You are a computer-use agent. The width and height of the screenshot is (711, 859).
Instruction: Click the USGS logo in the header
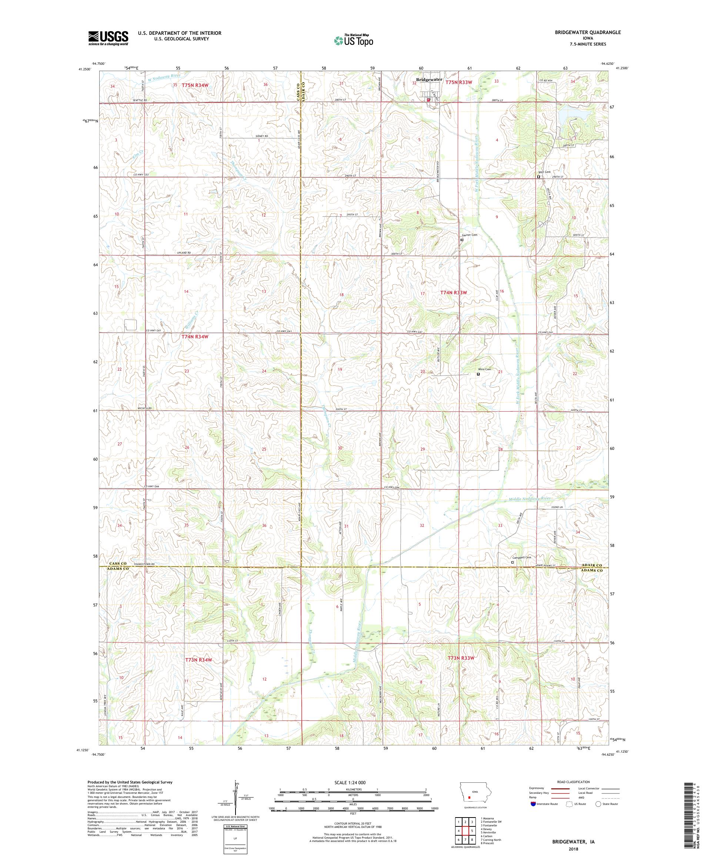pyautogui.click(x=109, y=38)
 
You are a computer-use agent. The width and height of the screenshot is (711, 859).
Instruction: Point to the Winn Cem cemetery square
pyautogui.click(x=478, y=374)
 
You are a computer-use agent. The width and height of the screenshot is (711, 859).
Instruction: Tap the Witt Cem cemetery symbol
pyautogui.click(x=538, y=177)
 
